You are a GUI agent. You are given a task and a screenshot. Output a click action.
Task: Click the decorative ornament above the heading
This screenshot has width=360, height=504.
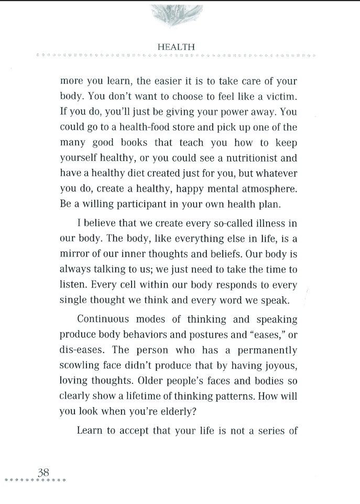[x=176, y=13]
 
